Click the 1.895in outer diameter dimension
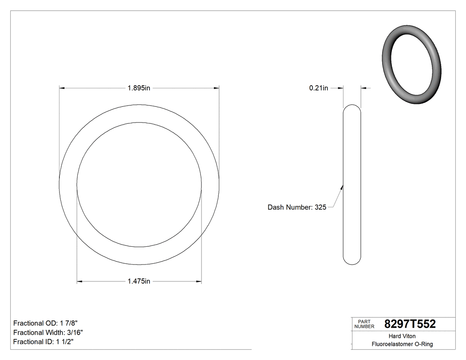(x=139, y=88)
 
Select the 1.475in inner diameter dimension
(x=139, y=281)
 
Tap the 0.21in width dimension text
(x=318, y=88)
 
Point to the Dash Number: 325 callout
(x=297, y=207)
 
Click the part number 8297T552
(x=410, y=324)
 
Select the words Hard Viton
(x=402, y=336)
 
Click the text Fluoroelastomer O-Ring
(x=402, y=344)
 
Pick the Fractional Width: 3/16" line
(x=48, y=332)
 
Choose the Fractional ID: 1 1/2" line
(x=43, y=342)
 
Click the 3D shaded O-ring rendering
(x=411, y=65)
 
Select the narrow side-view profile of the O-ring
(x=352, y=184)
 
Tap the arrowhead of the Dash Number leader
(x=342, y=187)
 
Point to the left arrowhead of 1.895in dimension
(x=62, y=88)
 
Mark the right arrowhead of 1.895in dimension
(x=217, y=88)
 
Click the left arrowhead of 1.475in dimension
(x=80, y=281)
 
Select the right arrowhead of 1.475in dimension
(x=199, y=281)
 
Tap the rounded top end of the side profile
(x=352, y=107)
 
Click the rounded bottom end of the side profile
(x=352, y=262)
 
